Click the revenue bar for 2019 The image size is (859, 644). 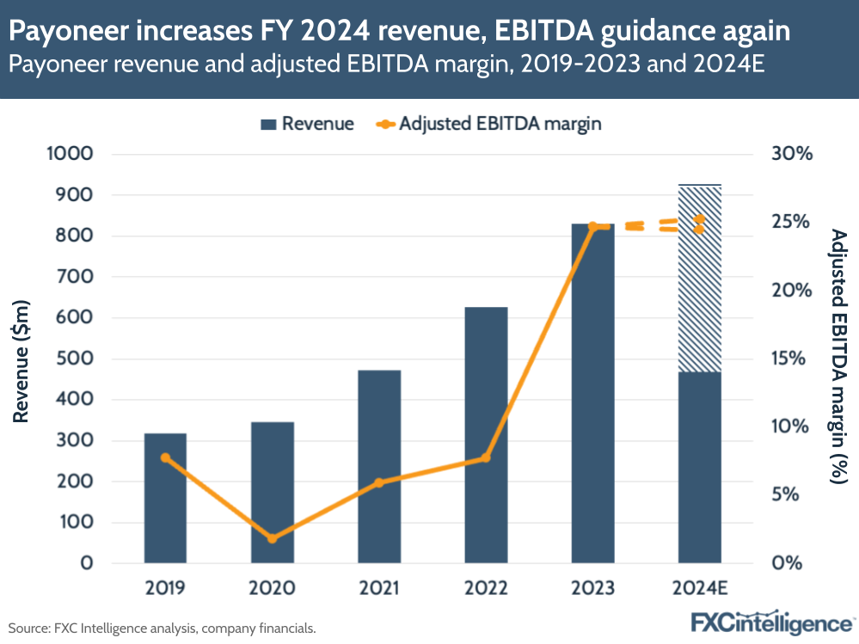pyautogui.click(x=165, y=499)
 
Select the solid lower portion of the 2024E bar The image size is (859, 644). pyautogui.click(x=700, y=468)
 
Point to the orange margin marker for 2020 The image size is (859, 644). pyautogui.click(x=273, y=538)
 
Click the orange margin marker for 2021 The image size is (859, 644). pyautogui.click(x=379, y=482)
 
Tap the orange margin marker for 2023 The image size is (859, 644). pyautogui.click(x=593, y=226)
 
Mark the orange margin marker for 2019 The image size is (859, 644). pyautogui.click(x=165, y=457)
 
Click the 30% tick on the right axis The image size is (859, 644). pyautogui.click(x=791, y=155)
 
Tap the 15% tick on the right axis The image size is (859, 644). pyautogui.click(x=791, y=359)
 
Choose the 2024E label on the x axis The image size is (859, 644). pyautogui.click(x=700, y=589)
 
